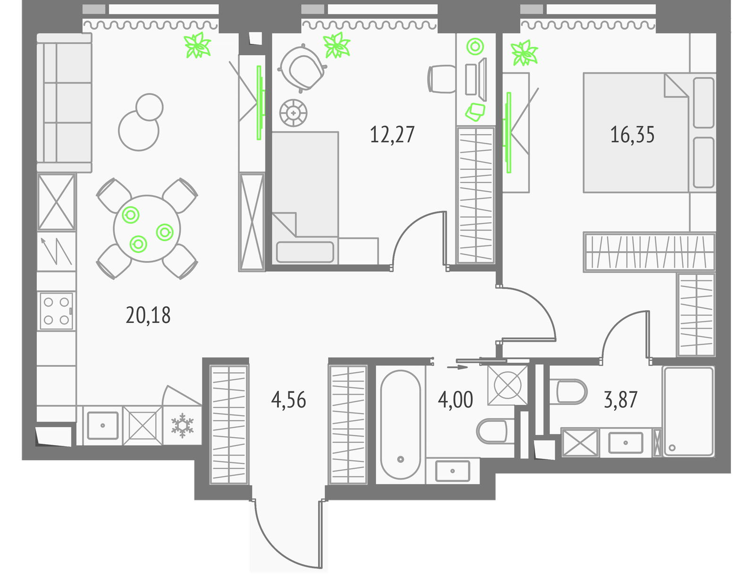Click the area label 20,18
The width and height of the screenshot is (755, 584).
pos(148,316)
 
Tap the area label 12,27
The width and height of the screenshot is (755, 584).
pos(392,135)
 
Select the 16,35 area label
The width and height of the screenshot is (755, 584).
pos(632,135)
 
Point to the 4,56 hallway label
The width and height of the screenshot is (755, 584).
pos(288,400)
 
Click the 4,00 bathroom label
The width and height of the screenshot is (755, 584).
pos(455,400)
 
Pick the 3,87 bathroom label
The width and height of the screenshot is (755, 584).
pos(621,400)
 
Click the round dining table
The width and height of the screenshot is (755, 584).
pos(147,229)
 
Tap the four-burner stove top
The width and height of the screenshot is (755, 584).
pos(56,311)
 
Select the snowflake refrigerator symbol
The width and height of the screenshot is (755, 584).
pos(183,425)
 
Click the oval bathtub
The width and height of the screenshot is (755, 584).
pos(400,424)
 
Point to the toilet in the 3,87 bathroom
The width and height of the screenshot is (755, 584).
pos(568,391)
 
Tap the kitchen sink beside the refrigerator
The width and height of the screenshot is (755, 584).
pos(102,425)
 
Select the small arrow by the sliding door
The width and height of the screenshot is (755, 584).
pos(457,367)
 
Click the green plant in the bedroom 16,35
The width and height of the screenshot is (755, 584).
pos(525,53)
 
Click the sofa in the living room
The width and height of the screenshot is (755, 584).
pos(64,102)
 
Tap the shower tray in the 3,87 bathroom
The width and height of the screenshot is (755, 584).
pos(688,411)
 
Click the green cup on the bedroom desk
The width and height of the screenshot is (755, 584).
pos(475,46)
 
